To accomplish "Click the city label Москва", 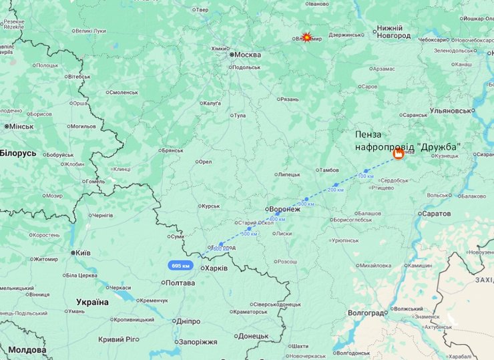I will point(247,55).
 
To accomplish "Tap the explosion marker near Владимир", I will point(306,38).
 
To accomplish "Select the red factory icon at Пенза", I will point(399,155).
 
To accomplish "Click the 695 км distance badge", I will point(181,265).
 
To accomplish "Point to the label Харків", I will point(216,268).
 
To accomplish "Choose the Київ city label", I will point(83,253).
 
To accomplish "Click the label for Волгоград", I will point(366,313).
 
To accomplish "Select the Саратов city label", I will point(437,214).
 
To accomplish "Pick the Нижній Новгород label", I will point(394,32).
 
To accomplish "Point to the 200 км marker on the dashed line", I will point(336,190).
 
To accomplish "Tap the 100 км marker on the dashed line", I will point(366,176).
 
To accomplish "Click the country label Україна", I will point(92,302).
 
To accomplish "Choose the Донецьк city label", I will point(253,336).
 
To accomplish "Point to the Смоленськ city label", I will point(123,92).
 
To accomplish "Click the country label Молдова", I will point(23,350).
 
